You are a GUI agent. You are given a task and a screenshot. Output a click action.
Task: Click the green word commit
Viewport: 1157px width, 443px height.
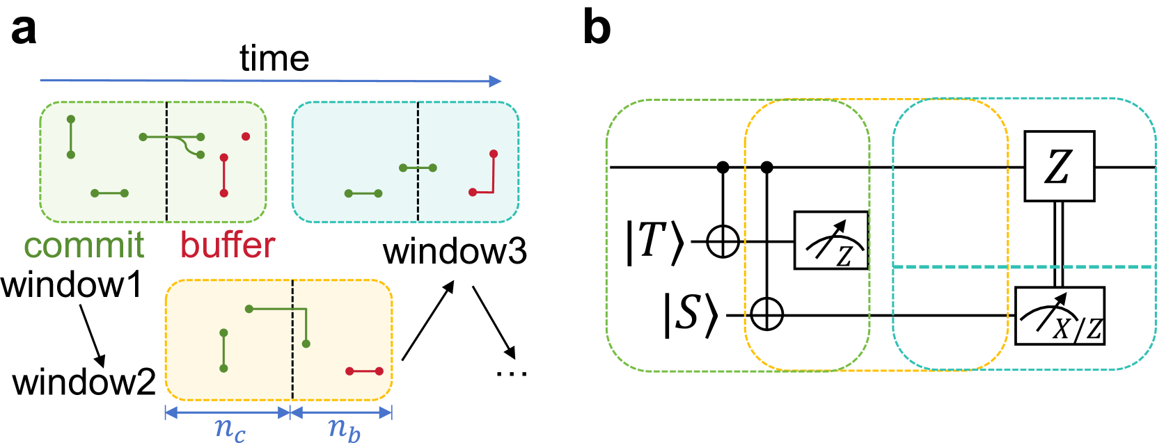point(84,245)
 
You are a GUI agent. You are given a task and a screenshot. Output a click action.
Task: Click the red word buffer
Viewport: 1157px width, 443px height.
point(228,245)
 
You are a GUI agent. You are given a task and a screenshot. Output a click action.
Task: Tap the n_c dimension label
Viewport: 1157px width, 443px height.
point(229,427)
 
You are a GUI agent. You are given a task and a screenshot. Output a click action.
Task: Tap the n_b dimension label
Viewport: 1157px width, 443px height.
point(344,427)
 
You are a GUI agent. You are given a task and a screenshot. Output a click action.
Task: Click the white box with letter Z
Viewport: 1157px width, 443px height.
point(1059,166)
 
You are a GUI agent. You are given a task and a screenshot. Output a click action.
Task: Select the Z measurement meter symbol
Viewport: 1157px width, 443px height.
point(831,241)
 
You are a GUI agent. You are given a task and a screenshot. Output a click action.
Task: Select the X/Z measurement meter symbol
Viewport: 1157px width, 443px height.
point(1060,316)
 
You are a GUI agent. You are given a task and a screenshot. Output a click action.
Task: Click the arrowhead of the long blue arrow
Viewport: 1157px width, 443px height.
point(495,81)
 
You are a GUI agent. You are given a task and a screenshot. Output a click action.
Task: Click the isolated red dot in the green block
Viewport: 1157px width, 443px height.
point(246,136)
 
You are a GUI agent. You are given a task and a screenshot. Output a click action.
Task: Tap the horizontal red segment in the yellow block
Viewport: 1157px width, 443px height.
point(364,371)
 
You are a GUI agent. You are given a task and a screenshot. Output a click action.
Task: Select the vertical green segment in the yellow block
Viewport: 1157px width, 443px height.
point(223,351)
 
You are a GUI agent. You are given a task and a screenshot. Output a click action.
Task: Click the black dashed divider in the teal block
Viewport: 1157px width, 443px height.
point(418,202)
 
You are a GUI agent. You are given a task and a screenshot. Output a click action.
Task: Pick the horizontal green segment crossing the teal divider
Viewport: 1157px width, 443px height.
point(418,168)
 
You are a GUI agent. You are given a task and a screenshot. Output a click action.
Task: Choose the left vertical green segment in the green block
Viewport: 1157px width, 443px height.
point(70,137)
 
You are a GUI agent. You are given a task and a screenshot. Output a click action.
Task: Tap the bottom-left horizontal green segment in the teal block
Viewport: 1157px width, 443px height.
point(363,193)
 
